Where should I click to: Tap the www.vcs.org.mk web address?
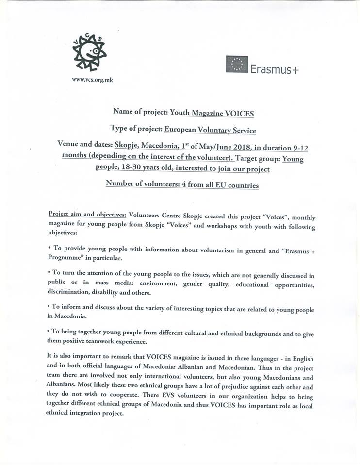tap(92, 80)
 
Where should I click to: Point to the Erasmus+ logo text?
tap(275, 69)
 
